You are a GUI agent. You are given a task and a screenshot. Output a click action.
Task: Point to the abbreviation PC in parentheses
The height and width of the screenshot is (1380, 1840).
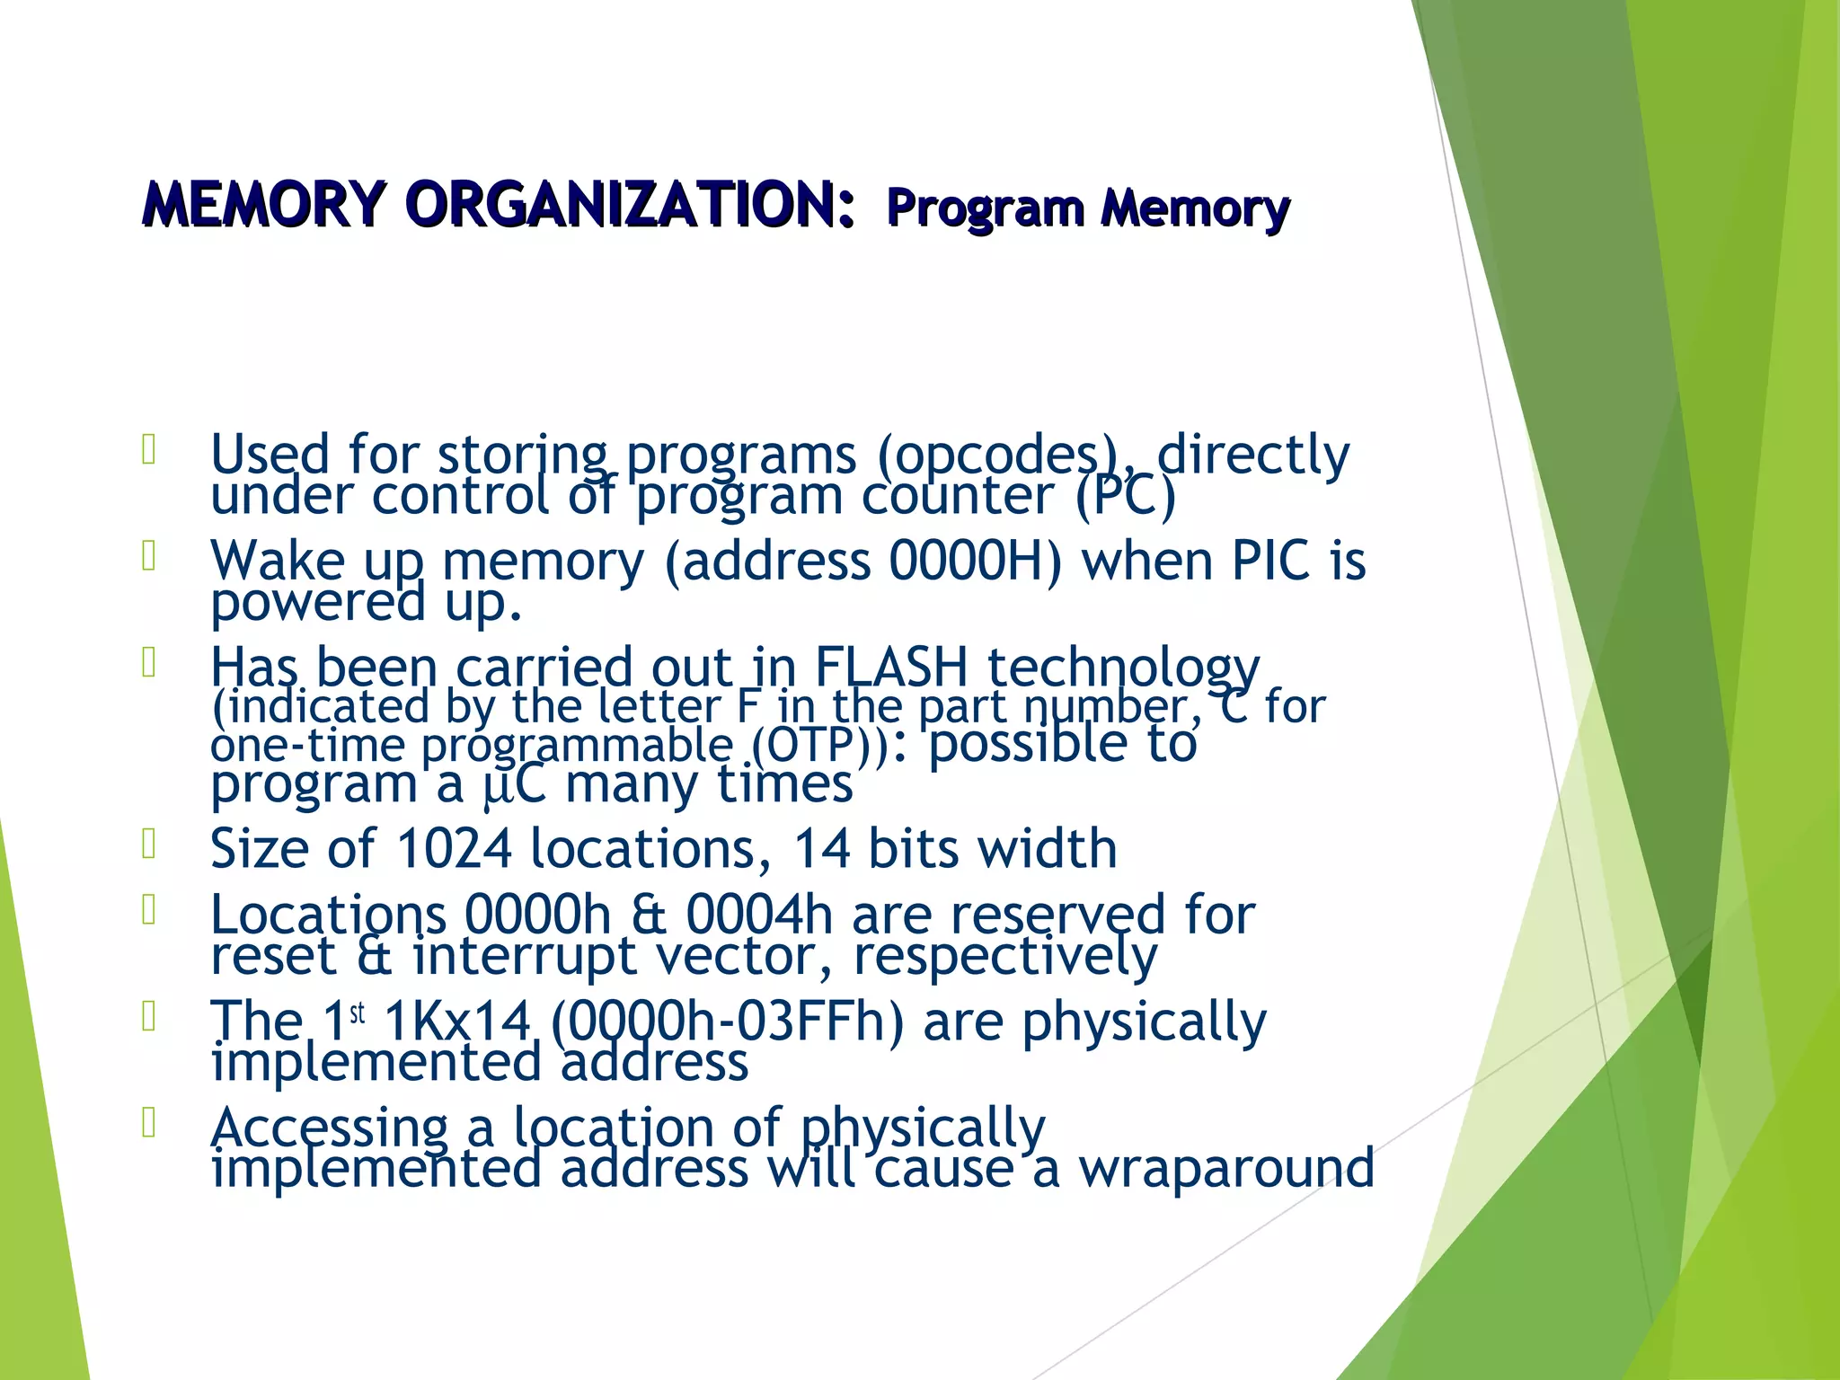tap(1125, 496)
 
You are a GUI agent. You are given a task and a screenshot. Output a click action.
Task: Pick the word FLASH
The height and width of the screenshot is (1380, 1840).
tap(890, 668)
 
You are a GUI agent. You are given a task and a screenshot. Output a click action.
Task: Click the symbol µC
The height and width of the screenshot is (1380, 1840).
tap(514, 784)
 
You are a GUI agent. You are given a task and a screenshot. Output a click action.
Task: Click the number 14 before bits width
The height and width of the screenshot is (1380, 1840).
tap(821, 848)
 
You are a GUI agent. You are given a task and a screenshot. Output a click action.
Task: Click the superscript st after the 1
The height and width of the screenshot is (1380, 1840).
tap(358, 1013)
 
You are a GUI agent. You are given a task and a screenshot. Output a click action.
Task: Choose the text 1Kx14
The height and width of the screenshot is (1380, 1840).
tap(456, 1022)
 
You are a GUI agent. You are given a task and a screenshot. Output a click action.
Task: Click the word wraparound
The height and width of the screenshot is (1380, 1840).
tap(1226, 1168)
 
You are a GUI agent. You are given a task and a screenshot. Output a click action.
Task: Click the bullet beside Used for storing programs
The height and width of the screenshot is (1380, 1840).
tap(149, 449)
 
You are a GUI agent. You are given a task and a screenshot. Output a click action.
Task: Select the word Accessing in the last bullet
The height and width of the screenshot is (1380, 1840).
tap(329, 1128)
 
